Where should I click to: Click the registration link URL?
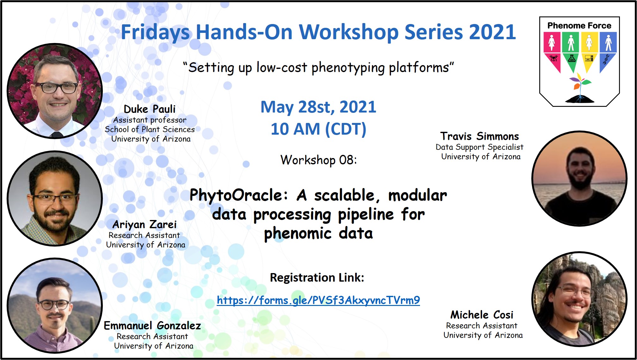click(318, 300)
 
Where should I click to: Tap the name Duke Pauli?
click(149, 109)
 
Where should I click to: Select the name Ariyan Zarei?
click(145, 224)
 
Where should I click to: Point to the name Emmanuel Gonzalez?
click(152, 326)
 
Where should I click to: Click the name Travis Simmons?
click(479, 136)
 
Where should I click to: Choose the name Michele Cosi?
click(482, 315)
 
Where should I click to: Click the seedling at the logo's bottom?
click(580, 88)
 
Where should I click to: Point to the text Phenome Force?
click(579, 26)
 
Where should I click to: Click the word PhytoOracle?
click(239, 195)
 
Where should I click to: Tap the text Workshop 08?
click(318, 160)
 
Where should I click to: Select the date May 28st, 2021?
click(318, 107)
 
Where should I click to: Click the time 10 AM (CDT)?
click(318, 129)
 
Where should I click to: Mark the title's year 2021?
click(492, 32)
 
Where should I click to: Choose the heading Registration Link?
click(317, 278)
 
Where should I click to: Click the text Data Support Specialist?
click(479, 147)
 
